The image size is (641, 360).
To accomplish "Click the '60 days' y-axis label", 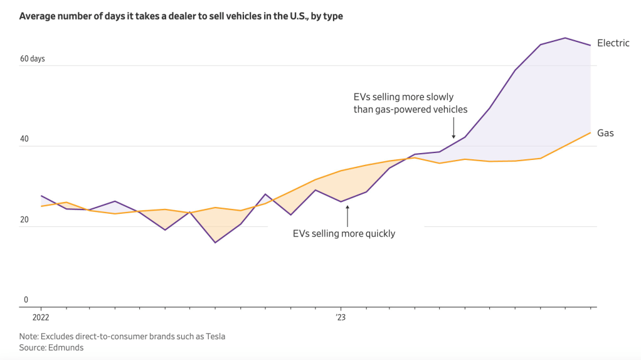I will (33, 59).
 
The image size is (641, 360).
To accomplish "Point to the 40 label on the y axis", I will (24, 140).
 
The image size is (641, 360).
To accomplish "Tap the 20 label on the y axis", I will (24, 220).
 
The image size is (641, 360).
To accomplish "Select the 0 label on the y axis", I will (26, 300).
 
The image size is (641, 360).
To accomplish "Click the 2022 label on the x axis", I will (41, 317).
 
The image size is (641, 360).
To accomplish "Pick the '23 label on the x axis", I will (340, 317).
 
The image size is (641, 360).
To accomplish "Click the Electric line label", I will (613, 43).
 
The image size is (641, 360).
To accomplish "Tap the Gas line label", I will (605, 133).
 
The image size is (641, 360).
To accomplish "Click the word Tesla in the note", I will (213, 336).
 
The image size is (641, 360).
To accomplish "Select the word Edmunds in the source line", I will (68, 347).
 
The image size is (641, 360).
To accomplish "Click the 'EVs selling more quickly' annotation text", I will (344, 233).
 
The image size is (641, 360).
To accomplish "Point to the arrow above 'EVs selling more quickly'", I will (347, 215).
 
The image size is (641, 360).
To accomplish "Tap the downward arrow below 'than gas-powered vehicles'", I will (453, 128).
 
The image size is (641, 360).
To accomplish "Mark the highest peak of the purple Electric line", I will (565, 38).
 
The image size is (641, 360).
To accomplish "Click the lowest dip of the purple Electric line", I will (215, 243).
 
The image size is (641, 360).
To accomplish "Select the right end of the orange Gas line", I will (590, 133).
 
